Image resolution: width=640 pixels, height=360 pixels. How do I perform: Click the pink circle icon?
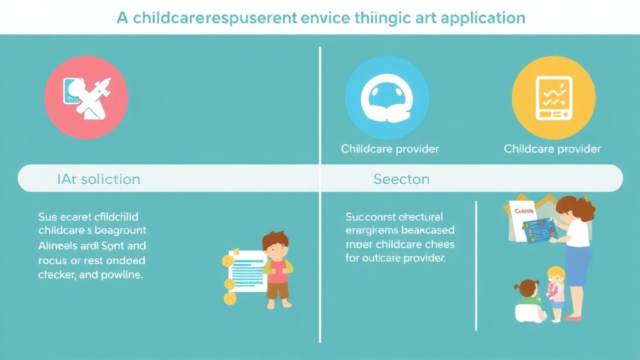tap(86, 97)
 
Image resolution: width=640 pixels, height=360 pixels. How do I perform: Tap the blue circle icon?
tap(387, 97)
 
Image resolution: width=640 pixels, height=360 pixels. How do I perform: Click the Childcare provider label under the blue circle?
tap(389, 149)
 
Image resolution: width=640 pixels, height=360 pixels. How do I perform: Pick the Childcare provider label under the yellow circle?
tap(552, 149)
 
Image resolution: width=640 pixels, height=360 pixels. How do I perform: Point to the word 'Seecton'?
tap(401, 179)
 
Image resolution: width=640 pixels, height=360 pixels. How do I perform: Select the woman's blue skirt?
tap(578, 264)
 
